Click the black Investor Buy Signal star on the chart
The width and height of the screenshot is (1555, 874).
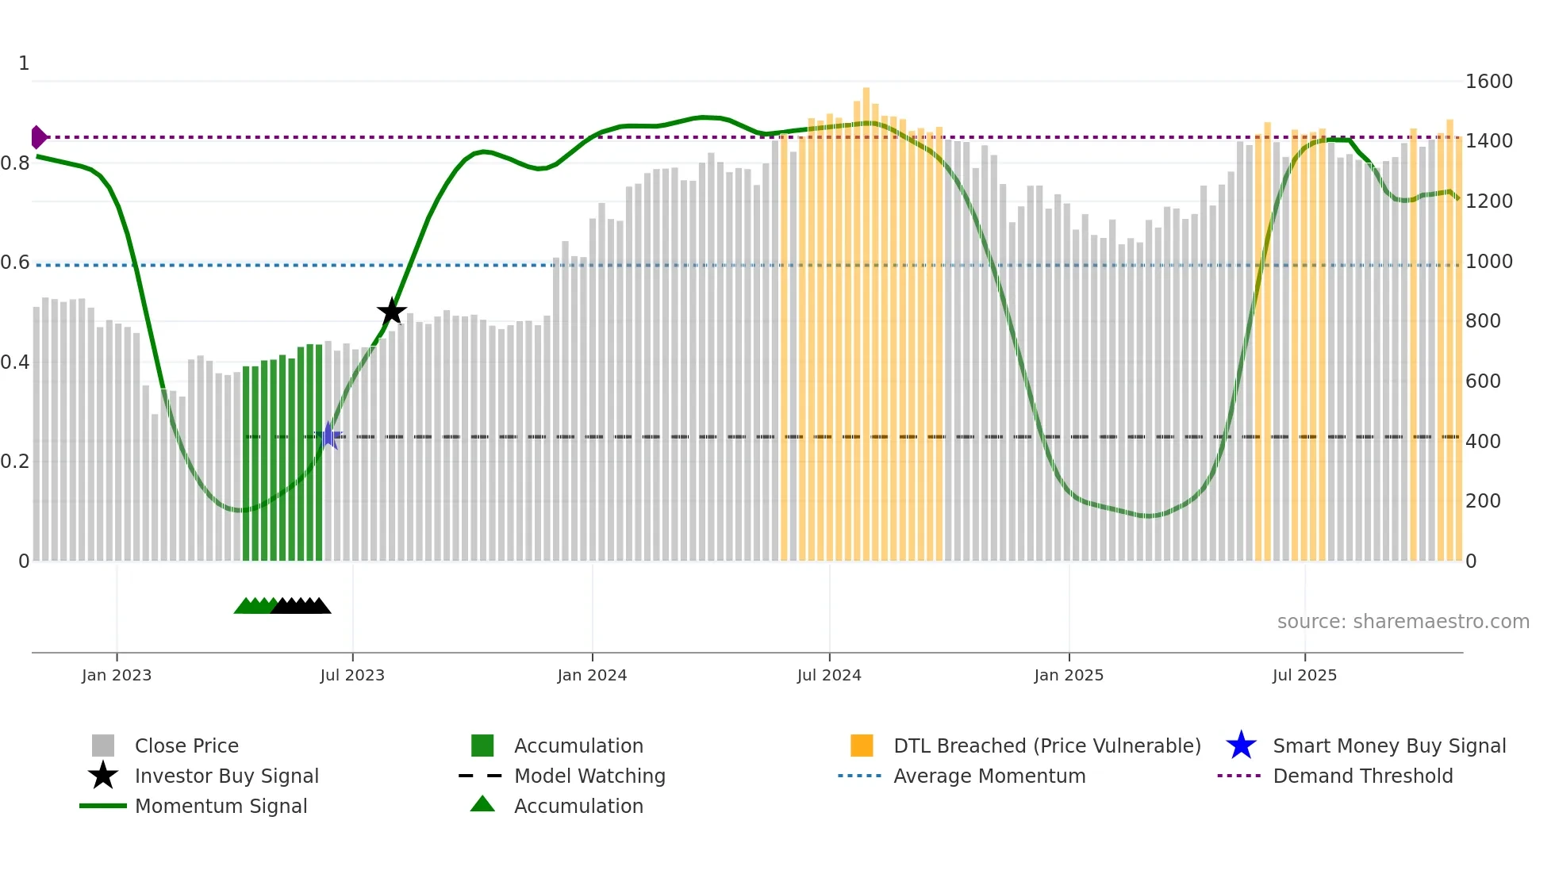pyautogui.click(x=391, y=312)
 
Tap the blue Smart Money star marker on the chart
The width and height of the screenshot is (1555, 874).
pyautogui.click(x=329, y=435)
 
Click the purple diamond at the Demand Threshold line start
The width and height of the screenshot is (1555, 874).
pyautogui.click(x=38, y=137)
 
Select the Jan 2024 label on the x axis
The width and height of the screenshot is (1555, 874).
pyautogui.click(x=592, y=676)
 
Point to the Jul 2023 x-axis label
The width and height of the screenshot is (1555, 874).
pyautogui.click(x=352, y=676)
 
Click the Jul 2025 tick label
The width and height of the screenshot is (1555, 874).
pyautogui.click(x=1304, y=676)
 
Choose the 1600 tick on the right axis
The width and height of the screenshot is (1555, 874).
pyautogui.click(x=1488, y=82)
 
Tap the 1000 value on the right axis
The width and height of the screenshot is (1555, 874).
pyautogui.click(x=1488, y=262)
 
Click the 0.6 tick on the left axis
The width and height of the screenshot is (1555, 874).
pyautogui.click(x=15, y=263)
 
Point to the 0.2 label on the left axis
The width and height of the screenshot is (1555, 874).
pyautogui.click(x=15, y=462)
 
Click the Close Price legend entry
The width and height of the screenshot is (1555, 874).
pyautogui.click(x=186, y=746)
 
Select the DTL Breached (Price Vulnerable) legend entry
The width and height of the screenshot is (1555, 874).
pyautogui.click(x=1046, y=746)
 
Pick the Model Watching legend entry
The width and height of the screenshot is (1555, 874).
pyautogui.click(x=589, y=776)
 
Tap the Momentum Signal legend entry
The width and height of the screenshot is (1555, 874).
pyautogui.click(x=221, y=807)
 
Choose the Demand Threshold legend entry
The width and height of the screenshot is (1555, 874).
pyautogui.click(x=1362, y=776)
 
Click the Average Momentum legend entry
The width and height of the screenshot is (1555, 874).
pyautogui.click(x=989, y=776)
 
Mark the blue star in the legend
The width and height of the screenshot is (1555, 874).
pyautogui.click(x=1241, y=746)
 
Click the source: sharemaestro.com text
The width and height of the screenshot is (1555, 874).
pyautogui.click(x=1403, y=622)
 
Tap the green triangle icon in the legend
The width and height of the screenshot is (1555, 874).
pyautogui.click(x=482, y=805)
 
